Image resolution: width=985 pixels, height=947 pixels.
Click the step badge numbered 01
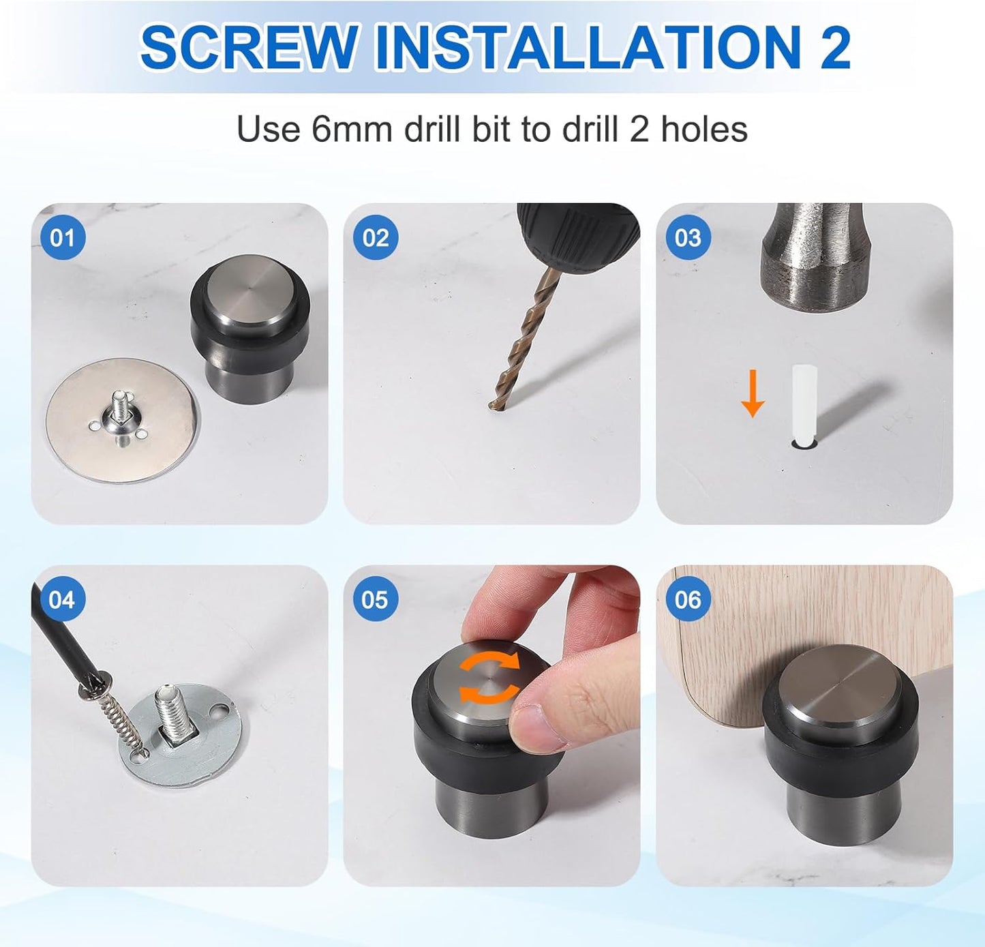(63, 238)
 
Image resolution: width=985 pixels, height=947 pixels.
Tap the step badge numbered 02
(376, 238)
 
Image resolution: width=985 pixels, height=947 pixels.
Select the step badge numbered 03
(688, 238)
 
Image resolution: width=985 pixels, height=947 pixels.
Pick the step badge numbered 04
(63, 600)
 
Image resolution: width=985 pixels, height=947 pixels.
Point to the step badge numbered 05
(376, 600)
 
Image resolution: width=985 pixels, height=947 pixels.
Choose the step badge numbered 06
(688, 600)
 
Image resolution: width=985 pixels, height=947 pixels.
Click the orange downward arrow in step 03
(753, 393)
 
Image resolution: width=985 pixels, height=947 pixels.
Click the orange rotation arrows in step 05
(488, 678)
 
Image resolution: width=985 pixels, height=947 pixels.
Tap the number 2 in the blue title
(834, 47)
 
